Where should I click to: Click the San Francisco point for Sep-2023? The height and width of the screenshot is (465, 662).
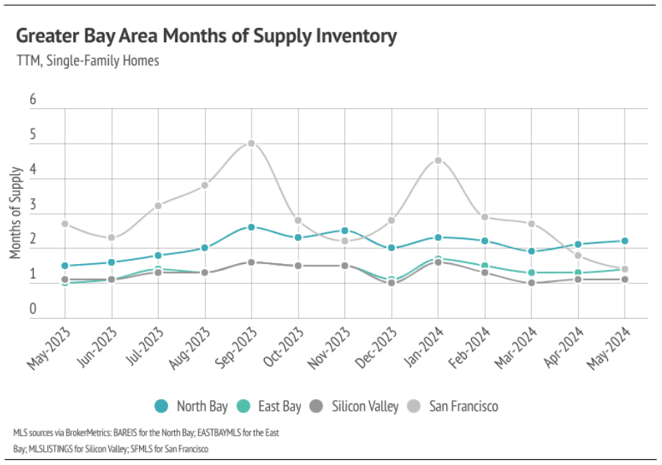[251, 143]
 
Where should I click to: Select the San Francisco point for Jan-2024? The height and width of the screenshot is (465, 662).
[438, 160]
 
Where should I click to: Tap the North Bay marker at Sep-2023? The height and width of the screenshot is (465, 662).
[251, 227]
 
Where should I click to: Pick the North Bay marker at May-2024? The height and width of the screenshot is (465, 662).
[625, 241]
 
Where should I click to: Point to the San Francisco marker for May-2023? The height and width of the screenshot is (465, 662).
[65, 224]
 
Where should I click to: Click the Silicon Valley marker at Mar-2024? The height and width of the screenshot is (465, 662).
[532, 283]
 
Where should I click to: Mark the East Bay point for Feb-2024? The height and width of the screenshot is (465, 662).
[485, 265]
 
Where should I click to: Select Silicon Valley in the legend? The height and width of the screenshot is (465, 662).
[356, 406]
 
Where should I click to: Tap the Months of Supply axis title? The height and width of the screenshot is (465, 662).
[16, 212]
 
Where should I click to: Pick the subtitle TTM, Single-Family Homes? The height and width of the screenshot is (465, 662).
[87, 61]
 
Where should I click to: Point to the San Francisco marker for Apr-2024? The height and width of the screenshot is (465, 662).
[578, 255]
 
